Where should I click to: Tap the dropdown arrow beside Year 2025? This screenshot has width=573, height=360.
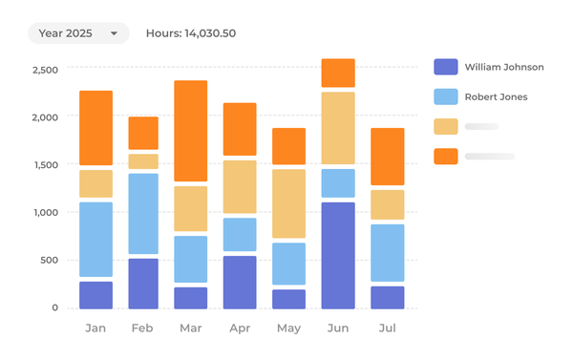[x=115, y=33]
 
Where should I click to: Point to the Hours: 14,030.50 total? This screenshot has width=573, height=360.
[x=191, y=33]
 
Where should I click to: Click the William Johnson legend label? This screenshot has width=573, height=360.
[x=504, y=67]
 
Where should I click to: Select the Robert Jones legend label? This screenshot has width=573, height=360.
[x=496, y=96]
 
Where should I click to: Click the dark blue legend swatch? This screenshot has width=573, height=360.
[x=445, y=67]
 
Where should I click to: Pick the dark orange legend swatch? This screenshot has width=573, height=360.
[x=445, y=156]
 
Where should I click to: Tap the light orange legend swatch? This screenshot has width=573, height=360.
[x=445, y=126]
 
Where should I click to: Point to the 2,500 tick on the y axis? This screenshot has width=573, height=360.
[x=45, y=70]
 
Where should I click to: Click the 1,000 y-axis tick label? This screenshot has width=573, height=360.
[x=45, y=213]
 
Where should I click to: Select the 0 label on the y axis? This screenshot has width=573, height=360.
[x=54, y=308]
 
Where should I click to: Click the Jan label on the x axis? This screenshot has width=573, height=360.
[x=95, y=328]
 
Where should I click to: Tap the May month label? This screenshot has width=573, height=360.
[x=288, y=328]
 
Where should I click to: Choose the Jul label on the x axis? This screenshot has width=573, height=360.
[x=387, y=328]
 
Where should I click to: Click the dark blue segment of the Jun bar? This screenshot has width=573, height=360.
[x=338, y=255]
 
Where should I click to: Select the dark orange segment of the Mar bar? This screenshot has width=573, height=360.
[x=190, y=131]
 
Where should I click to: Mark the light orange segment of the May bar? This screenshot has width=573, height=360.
[x=288, y=203]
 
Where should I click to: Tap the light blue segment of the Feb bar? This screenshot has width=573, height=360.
[x=143, y=214]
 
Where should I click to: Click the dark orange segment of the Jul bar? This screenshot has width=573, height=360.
[x=387, y=157]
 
